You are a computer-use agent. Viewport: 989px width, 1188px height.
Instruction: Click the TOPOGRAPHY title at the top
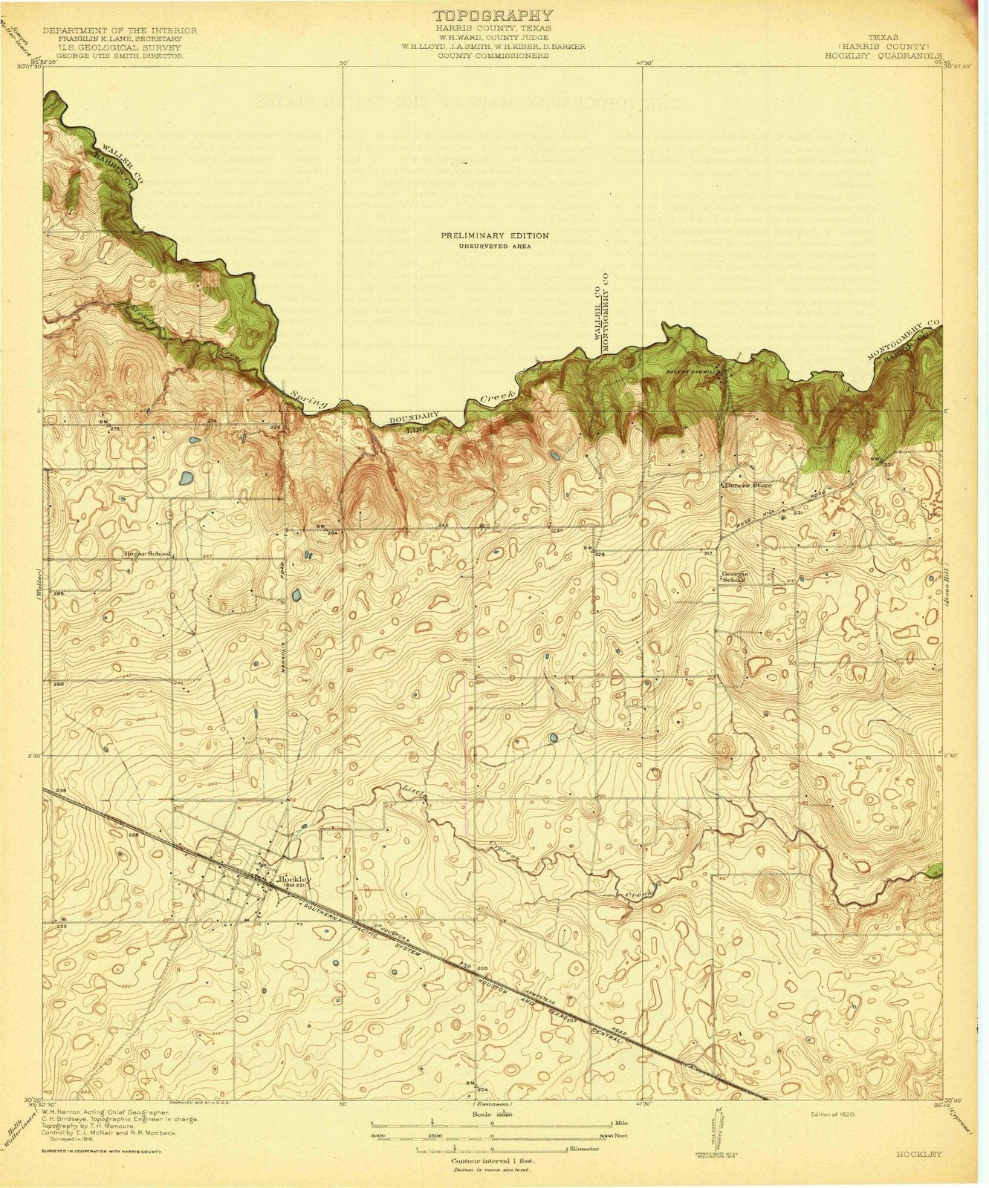click(x=493, y=16)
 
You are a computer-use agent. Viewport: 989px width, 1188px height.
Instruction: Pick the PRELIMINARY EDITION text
click(x=495, y=235)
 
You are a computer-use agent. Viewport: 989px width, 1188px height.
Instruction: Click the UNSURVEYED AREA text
click(x=495, y=246)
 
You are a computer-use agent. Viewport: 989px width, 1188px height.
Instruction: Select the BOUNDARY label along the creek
click(x=415, y=420)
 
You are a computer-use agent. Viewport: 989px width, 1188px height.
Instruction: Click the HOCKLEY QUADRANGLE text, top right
click(x=883, y=56)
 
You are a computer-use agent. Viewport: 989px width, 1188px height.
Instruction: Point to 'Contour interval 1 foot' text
click(x=493, y=1159)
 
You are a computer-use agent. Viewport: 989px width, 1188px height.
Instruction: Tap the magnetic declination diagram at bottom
click(x=711, y=1129)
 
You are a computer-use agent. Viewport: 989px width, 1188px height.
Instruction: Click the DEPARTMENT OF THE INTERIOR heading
click(x=120, y=30)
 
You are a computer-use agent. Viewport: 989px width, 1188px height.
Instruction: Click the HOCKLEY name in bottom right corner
click(x=919, y=1154)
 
